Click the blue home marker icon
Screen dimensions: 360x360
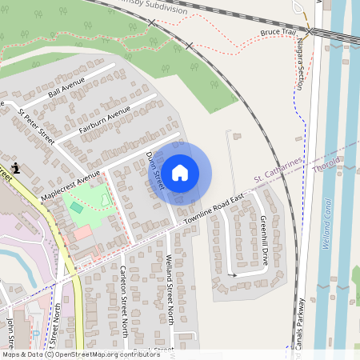[180, 173]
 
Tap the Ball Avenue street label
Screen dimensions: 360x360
[66, 89]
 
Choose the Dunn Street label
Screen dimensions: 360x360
[156, 169]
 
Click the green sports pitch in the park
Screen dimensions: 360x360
[76, 207]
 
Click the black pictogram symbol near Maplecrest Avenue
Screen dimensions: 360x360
[17, 169]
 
